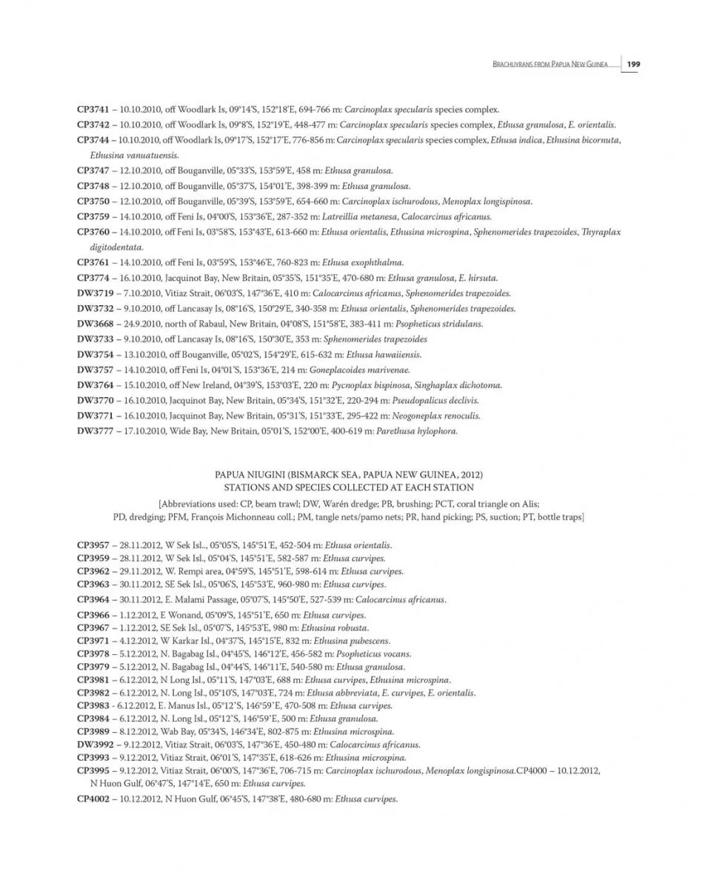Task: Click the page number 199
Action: tap(632, 64)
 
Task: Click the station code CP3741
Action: tap(93, 109)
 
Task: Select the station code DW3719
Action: tap(95, 293)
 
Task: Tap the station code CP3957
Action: tap(93, 545)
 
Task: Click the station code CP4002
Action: tap(93, 799)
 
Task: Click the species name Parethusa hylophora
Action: tap(416, 431)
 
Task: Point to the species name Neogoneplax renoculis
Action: tap(438, 416)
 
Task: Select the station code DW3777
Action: tap(95, 431)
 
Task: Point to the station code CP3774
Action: tap(93, 278)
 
